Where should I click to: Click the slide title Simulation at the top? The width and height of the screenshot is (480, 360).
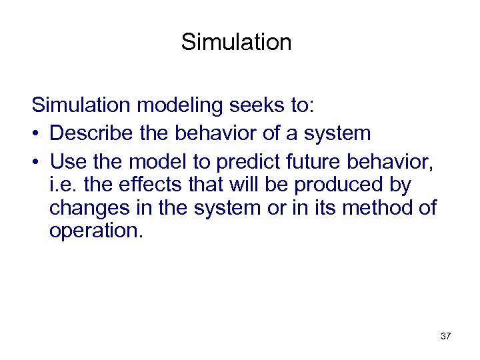tap(236, 42)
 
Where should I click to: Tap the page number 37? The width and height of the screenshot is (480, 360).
tap(445, 336)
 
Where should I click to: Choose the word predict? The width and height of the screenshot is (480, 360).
tap(245, 161)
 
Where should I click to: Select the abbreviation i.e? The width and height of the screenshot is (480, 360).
tap(64, 184)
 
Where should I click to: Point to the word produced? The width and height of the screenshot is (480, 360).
tap(343, 184)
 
